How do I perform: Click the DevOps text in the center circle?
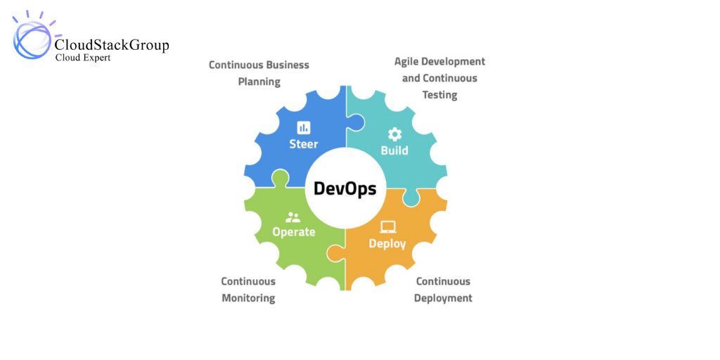pos(345,188)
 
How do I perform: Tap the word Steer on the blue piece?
pos(304,144)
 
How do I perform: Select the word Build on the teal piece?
pos(394,150)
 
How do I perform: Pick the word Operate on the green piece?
pos(294,232)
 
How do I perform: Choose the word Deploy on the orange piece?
pos(387,243)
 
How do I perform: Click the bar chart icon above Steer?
pos(304,127)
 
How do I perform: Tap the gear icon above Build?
pos(394,134)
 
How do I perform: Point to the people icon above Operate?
pos(293,217)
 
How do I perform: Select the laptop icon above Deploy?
pos(387,226)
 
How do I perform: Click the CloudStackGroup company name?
pos(112,46)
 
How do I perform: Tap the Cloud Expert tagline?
pos(83,58)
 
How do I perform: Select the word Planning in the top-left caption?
pos(259,82)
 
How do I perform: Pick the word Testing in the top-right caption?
pos(439,95)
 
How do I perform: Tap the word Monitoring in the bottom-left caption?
pos(248,298)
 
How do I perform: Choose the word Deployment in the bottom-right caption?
pos(443,298)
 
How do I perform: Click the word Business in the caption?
pos(285,65)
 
